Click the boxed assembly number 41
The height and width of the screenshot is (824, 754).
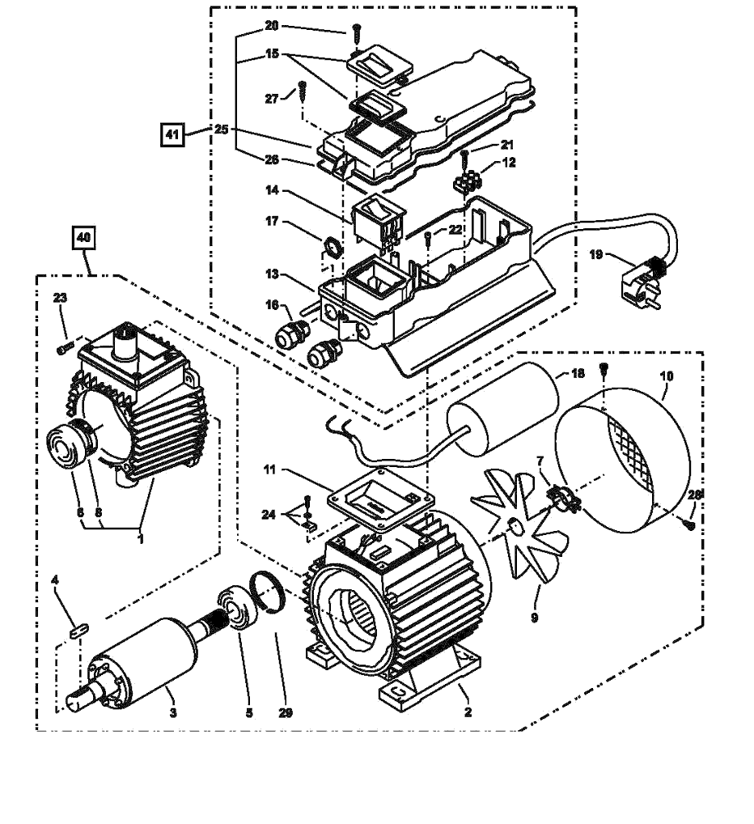click(x=172, y=134)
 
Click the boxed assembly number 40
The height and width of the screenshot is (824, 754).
click(x=84, y=238)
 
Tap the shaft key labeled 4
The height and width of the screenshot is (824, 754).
click(x=78, y=630)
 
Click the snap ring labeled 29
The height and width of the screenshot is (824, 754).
click(x=270, y=593)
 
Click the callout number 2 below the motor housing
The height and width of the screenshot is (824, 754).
click(x=468, y=712)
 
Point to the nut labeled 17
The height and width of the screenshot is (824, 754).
click(x=333, y=246)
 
